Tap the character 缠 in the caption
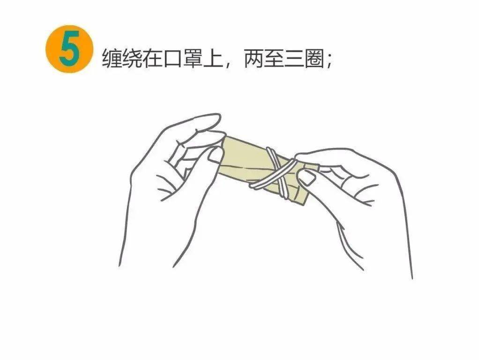click(112, 59)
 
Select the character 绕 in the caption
click(132, 59)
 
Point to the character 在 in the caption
click(153, 59)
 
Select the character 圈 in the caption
click(315, 59)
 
